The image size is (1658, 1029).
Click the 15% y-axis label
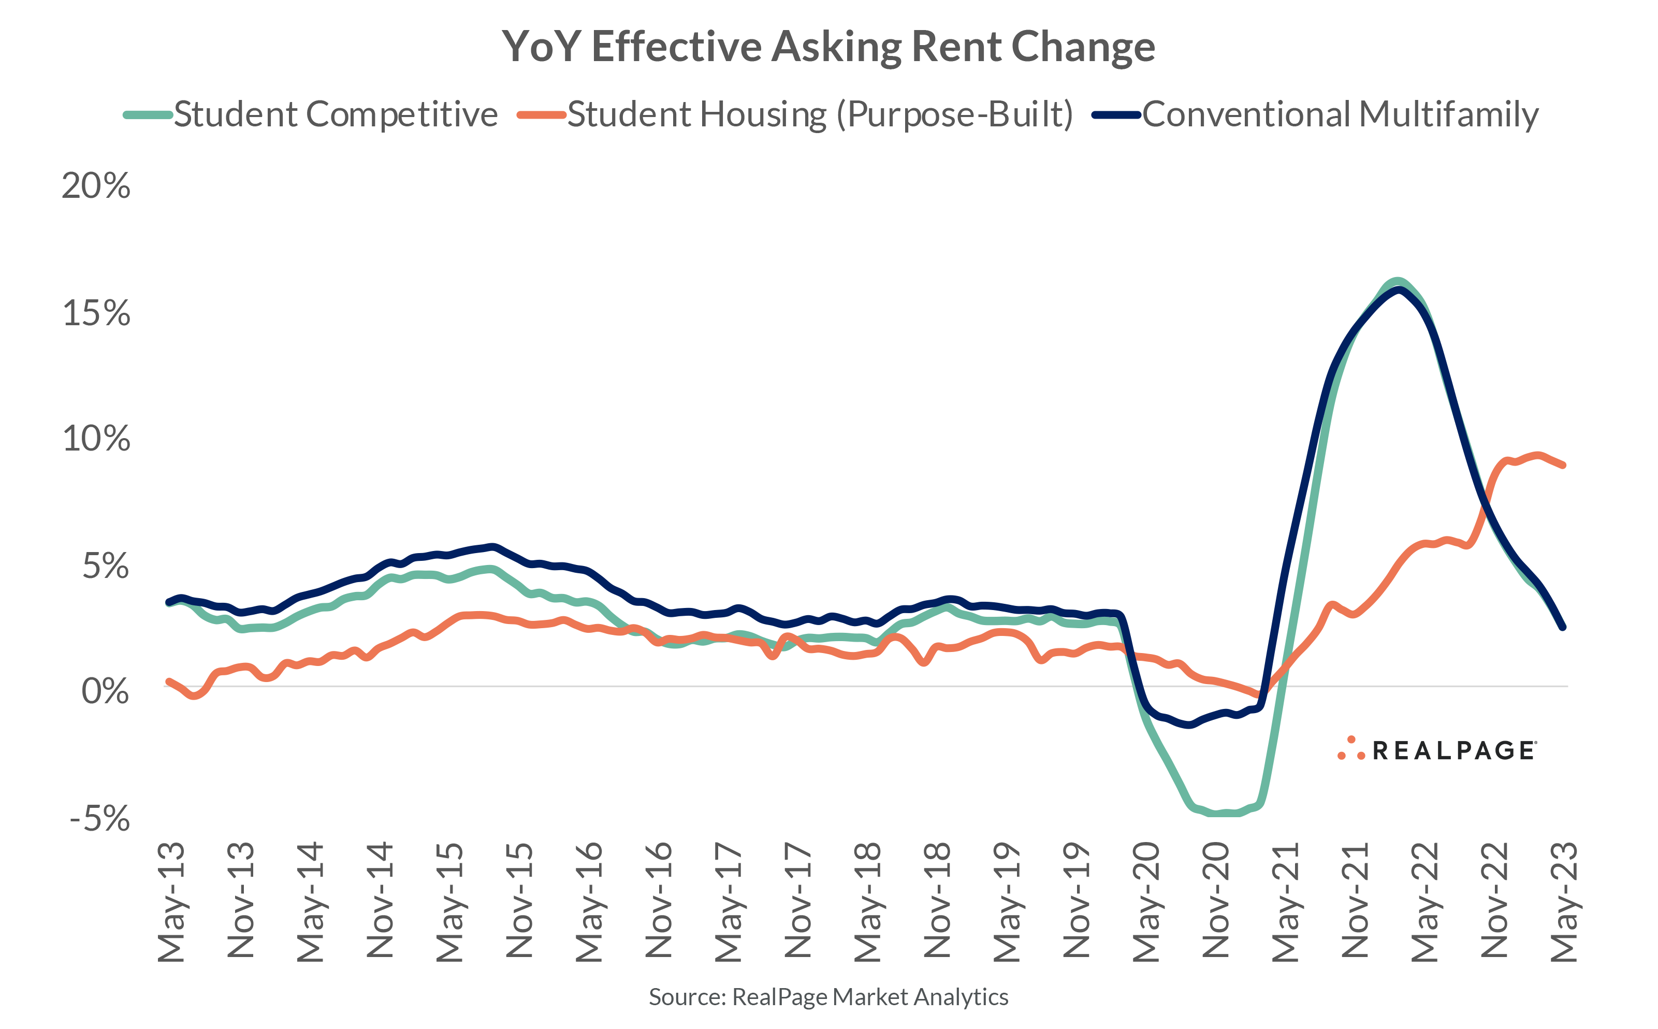click(96, 313)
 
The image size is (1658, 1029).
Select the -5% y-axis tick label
click(99, 818)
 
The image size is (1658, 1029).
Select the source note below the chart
click(828, 997)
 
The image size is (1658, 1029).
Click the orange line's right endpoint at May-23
click(1563, 466)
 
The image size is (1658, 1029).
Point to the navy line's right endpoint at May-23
click(1563, 627)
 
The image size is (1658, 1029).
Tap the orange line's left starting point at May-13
click(169, 681)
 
